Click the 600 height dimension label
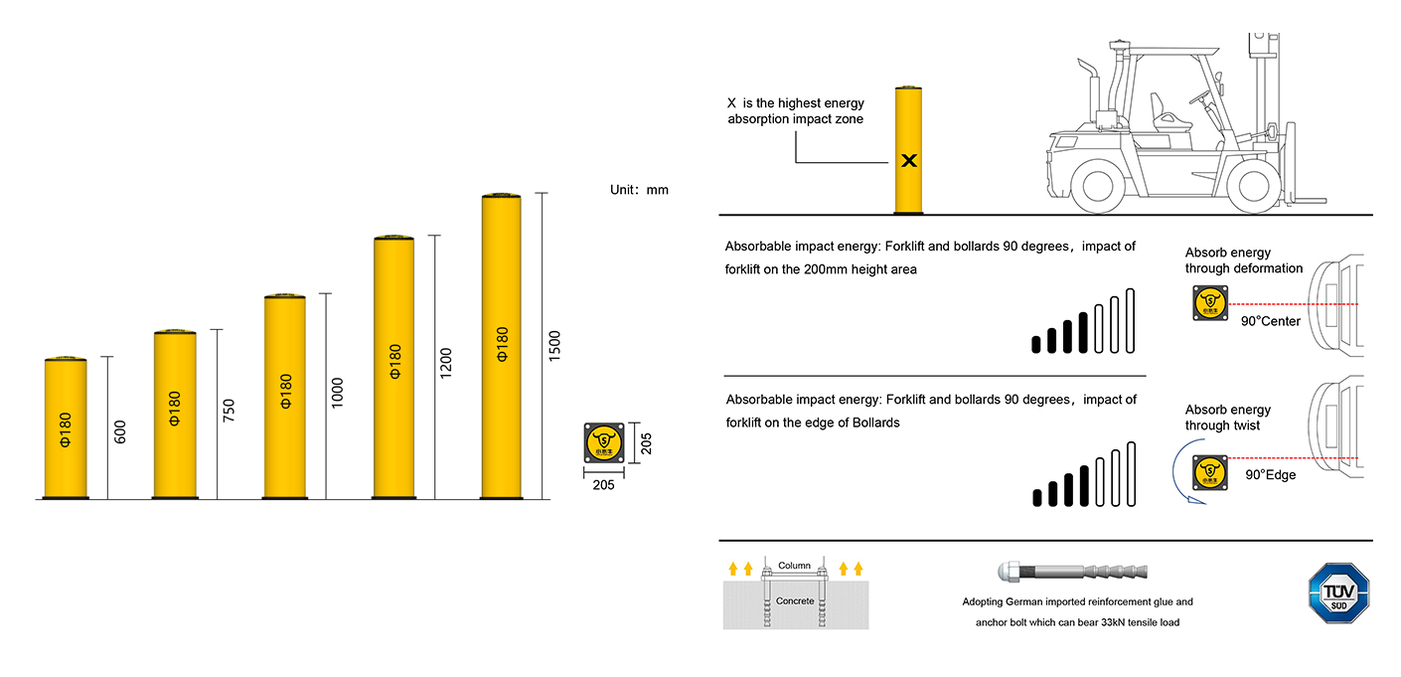120,432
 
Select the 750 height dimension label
229,411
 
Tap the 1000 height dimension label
337,393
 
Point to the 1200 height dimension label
445,363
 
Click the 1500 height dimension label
554,345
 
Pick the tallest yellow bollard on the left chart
501,346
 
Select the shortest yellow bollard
66,428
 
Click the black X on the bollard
909,161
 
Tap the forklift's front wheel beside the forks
1253,186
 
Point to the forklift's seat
1165,112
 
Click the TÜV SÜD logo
1338,592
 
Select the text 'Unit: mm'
639,190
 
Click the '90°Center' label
1270,321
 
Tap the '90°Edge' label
1270,475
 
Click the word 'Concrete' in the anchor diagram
795,600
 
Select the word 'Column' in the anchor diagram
794,565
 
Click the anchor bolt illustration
1073,572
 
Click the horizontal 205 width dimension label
603,485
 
